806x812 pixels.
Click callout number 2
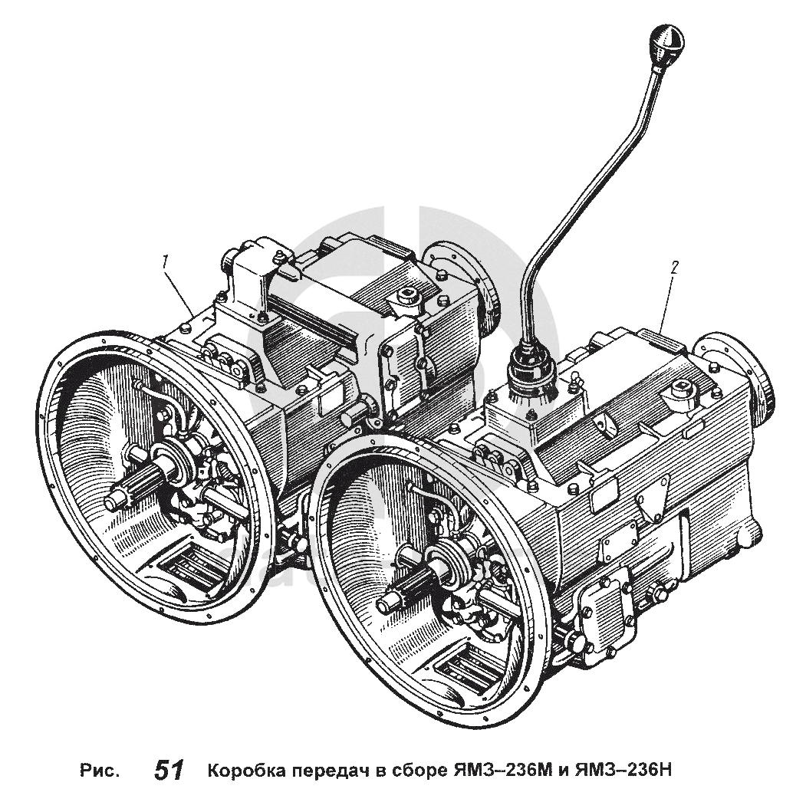(x=674, y=268)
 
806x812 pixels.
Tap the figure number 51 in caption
(x=169, y=771)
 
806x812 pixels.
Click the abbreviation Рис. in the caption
(x=100, y=771)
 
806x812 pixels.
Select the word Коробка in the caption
(x=245, y=771)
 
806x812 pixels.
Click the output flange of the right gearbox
(x=735, y=371)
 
